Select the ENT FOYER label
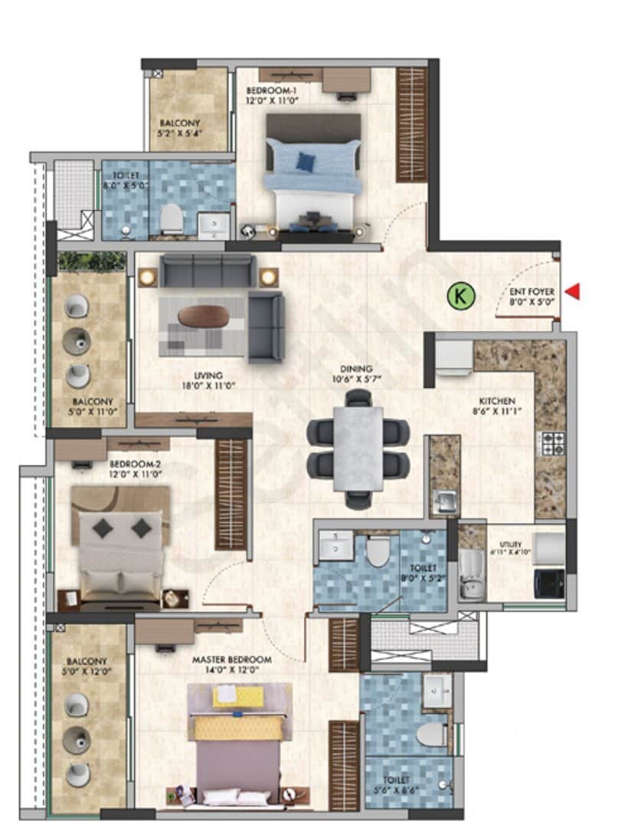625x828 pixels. (x=532, y=292)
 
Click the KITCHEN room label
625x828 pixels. (x=496, y=401)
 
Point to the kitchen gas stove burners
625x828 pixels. (x=553, y=444)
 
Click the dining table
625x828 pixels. (x=358, y=448)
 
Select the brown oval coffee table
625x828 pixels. (x=203, y=315)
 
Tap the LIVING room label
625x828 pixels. (x=208, y=376)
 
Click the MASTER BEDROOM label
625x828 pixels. (x=231, y=659)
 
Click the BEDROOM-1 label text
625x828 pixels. (x=271, y=90)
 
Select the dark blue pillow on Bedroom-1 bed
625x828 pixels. (x=306, y=161)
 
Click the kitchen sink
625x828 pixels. (x=443, y=503)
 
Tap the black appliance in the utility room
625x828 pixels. (x=549, y=583)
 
